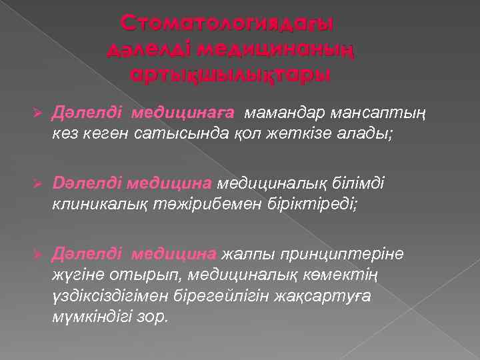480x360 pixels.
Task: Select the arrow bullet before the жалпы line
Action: point(39,253)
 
